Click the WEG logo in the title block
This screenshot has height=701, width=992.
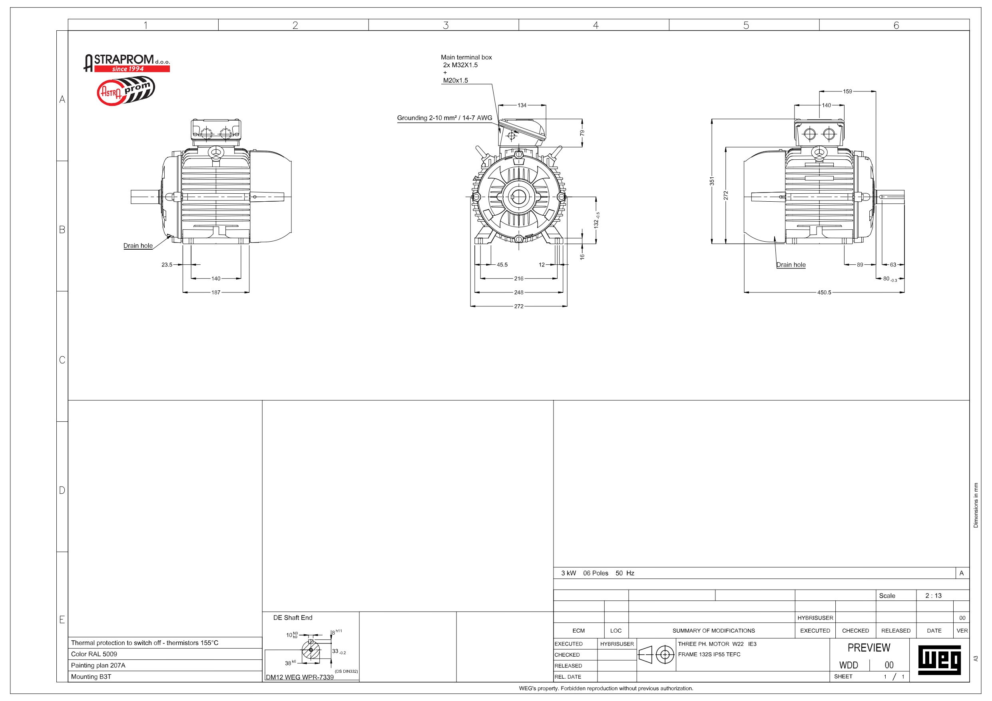(939, 660)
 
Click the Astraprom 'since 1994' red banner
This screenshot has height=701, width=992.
(132, 69)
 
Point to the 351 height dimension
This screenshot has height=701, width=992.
(711, 181)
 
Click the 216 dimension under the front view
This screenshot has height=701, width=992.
(518, 278)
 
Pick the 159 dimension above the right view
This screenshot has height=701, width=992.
(847, 91)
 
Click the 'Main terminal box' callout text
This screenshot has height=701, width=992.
(466, 57)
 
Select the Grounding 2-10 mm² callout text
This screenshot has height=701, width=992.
(444, 118)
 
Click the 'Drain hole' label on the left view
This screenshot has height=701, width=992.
(138, 246)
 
